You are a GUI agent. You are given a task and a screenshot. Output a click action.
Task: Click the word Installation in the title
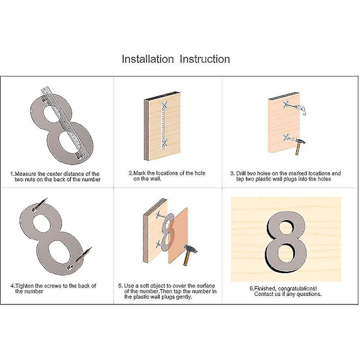point(148,59)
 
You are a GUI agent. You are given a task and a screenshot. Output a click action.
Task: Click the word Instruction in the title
point(205,59)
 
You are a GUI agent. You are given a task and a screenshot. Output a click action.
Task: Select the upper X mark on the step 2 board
point(164,106)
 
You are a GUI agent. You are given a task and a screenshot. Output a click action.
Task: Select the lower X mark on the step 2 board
point(164,143)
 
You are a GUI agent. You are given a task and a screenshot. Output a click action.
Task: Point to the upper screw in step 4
point(40,204)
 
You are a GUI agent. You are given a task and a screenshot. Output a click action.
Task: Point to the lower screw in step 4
point(83,254)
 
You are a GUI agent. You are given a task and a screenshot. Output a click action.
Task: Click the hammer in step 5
point(190,254)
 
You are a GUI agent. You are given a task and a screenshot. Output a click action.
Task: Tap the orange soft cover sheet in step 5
point(178,236)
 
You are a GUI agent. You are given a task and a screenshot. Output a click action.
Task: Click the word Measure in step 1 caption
point(25,174)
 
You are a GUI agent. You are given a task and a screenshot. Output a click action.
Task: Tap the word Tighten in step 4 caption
point(25,286)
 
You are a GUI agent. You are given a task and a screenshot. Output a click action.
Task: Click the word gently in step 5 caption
point(184,297)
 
